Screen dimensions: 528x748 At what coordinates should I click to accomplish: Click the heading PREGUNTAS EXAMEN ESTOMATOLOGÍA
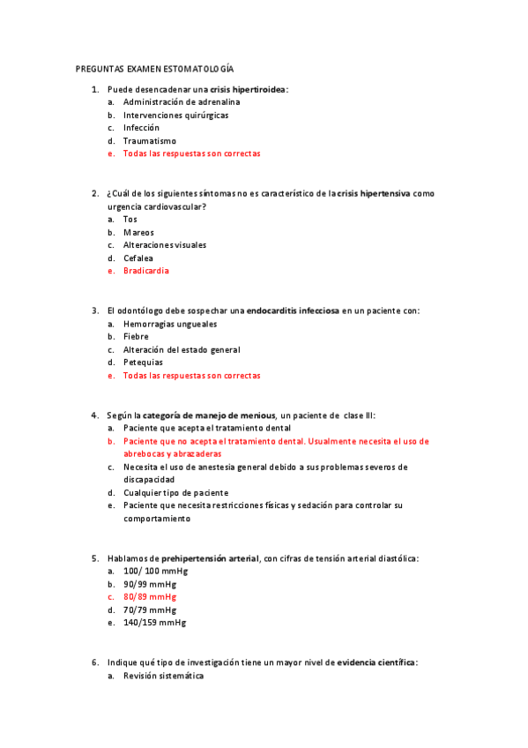(154, 68)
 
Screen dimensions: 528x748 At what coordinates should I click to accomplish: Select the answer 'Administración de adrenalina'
(182, 101)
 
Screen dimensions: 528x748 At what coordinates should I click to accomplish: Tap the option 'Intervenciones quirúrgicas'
(176, 115)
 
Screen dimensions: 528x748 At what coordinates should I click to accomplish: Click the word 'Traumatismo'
(150, 140)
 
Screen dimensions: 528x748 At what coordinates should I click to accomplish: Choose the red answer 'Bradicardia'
(146, 271)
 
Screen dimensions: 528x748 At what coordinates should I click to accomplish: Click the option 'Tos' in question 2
(130, 219)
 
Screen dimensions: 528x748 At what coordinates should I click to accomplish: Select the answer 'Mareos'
(139, 232)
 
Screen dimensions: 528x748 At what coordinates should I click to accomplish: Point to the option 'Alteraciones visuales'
(167, 245)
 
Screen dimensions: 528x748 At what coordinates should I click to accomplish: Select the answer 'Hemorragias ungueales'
(170, 324)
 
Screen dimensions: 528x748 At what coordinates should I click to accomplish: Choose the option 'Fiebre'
(137, 336)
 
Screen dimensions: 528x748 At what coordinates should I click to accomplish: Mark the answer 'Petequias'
(144, 362)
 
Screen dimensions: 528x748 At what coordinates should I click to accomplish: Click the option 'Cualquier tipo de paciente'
(176, 492)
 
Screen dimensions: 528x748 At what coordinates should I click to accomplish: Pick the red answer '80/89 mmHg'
(150, 596)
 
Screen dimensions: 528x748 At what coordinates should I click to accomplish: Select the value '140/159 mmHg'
(155, 622)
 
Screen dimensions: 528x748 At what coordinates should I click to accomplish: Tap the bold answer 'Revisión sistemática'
(164, 676)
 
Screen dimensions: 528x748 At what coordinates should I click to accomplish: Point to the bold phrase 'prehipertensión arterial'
(210, 558)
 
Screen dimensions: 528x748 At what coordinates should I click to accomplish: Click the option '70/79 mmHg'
(150, 610)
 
